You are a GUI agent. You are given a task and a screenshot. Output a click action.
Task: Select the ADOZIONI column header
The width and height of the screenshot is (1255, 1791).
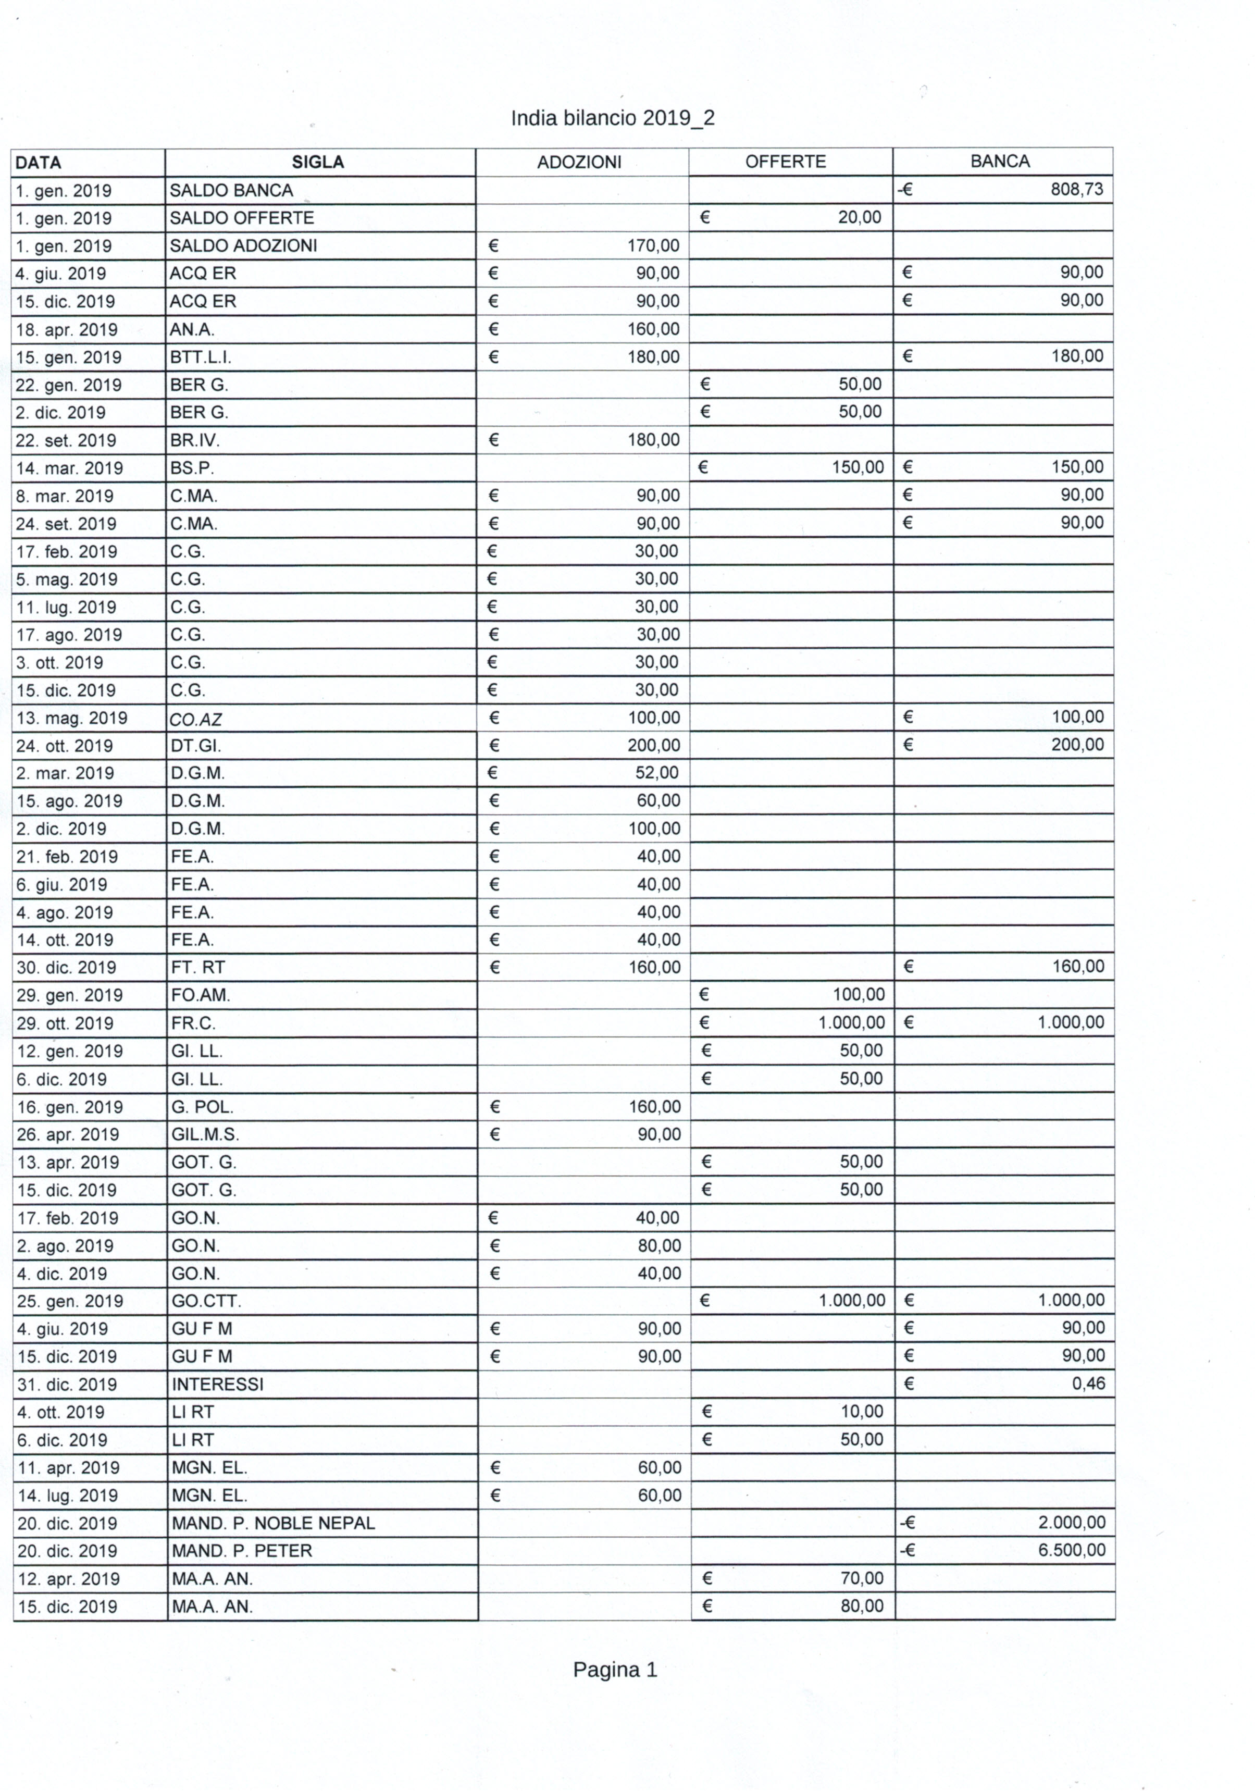[x=579, y=162]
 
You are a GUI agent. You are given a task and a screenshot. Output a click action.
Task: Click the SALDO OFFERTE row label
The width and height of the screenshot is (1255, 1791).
[x=242, y=218]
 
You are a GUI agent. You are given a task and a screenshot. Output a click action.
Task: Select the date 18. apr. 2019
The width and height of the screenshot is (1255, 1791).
[x=67, y=329]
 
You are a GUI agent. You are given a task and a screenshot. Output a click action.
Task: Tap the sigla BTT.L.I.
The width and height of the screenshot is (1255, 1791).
[x=201, y=357]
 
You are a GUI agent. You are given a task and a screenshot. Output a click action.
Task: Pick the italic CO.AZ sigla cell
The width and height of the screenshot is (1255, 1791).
[x=196, y=719]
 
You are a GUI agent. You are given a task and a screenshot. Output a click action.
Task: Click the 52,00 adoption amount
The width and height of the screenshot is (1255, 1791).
[x=657, y=772]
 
